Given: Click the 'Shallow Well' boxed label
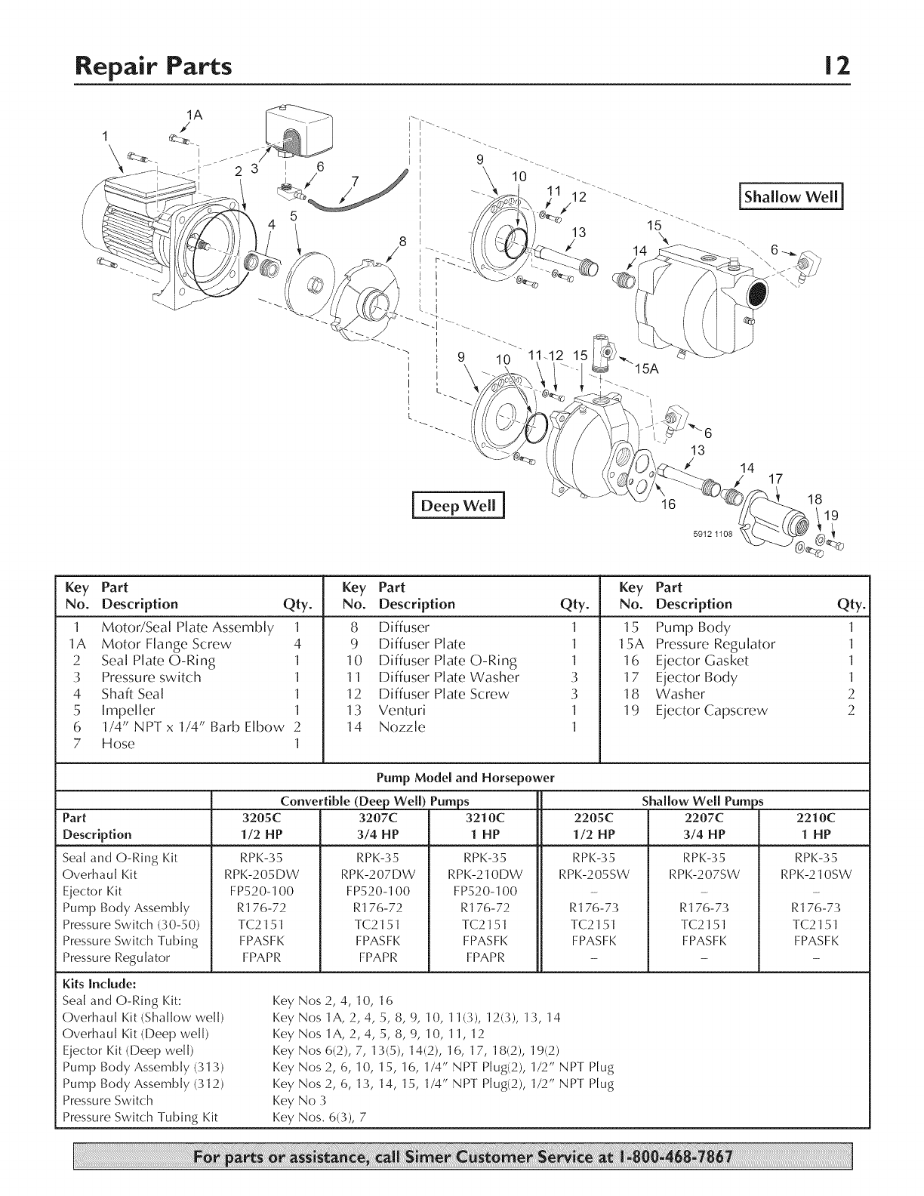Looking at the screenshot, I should pos(791,198).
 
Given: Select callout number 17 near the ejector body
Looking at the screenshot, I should pos(775,479).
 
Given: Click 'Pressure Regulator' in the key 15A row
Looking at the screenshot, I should pos(715,644).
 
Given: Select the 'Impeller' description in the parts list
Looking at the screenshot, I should pos(128,711).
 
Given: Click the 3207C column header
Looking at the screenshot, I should pos(374,818).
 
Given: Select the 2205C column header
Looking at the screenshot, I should pos(593,818).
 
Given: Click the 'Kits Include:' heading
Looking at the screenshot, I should pos(99,984).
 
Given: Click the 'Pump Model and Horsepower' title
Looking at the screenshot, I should pos(465,777).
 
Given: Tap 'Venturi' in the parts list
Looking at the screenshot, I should pos(402,711).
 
